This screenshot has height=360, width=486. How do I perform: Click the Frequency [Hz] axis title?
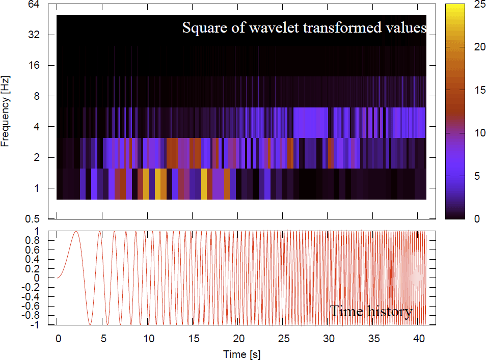(6, 112)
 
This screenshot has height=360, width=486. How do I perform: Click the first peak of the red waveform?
(76, 232)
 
